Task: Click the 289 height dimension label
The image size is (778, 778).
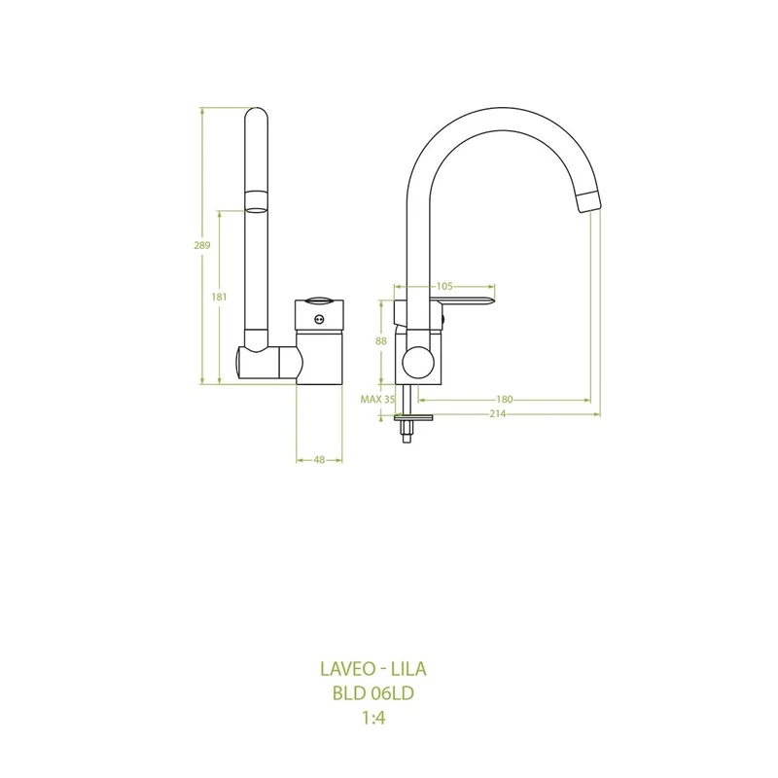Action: [x=202, y=245]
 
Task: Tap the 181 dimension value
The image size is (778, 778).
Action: [x=219, y=297]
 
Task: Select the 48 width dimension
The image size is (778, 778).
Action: [x=319, y=460]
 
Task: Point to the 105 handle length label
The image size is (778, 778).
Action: [x=444, y=286]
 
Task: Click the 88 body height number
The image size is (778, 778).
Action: [x=381, y=341]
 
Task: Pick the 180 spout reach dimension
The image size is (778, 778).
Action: [x=504, y=400]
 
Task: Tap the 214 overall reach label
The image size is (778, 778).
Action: [x=497, y=414]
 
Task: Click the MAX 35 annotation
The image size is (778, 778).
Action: [x=377, y=400]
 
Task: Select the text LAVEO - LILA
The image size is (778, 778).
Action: [x=373, y=669]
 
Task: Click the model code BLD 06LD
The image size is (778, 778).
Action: [x=373, y=693]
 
